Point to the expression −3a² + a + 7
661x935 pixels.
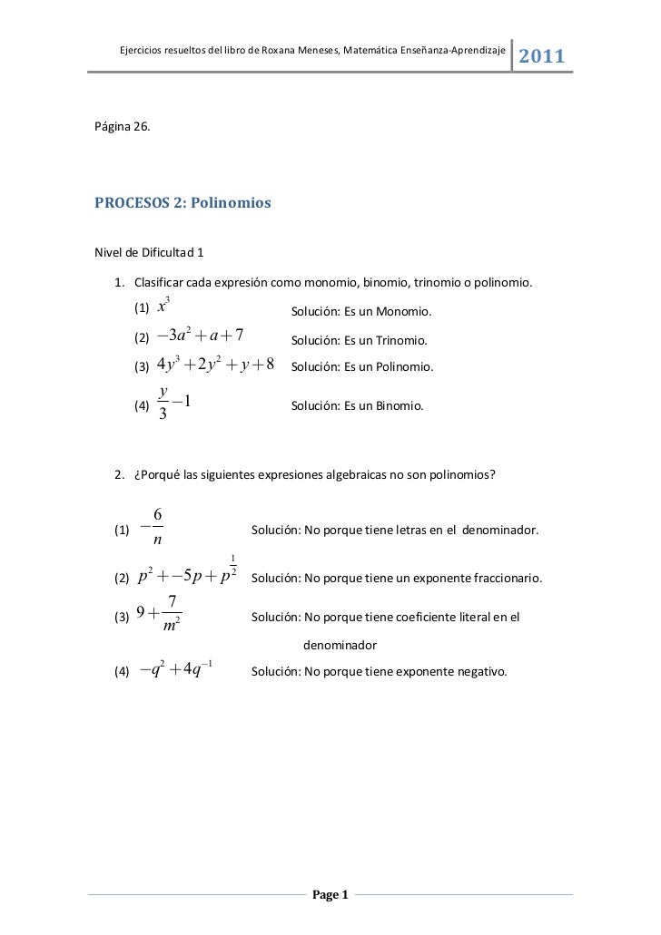(200, 338)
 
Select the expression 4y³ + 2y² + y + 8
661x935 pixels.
(215, 365)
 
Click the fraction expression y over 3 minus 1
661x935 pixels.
(173, 404)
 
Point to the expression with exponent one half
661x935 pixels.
(187, 575)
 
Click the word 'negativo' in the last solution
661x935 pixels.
(482, 673)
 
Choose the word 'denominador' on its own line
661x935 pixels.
(340, 646)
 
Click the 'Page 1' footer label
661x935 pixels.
(330, 896)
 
